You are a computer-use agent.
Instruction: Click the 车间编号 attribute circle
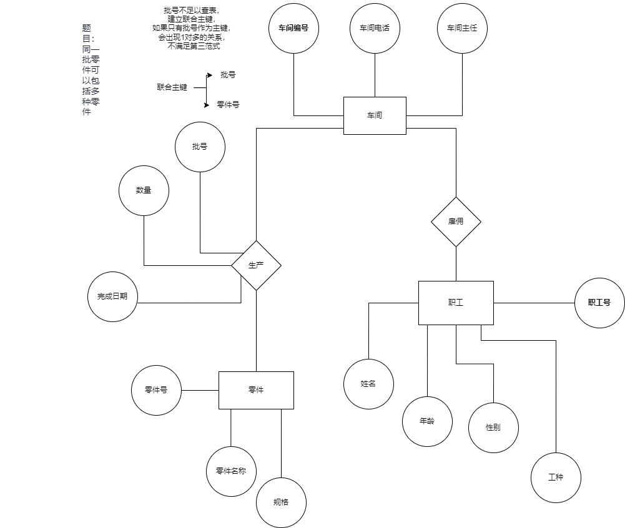pos(293,28)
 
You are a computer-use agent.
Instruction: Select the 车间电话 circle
pos(375,28)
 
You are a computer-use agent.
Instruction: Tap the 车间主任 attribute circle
pos(462,28)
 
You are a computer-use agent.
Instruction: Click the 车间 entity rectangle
pos(375,115)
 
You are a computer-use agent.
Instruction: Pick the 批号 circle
pos(200,147)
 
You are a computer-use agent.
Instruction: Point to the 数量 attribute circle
pos(144,190)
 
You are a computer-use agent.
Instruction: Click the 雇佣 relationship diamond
pos(456,222)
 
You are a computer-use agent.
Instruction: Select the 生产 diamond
pos(256,265)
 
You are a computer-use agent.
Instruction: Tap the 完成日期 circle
pos(112,296)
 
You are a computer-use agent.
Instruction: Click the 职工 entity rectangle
pos(456,303)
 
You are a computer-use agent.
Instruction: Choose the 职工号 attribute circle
pos(599,303)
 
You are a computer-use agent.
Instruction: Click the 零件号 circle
pos(156,390)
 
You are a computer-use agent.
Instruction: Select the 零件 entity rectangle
pos(256,390)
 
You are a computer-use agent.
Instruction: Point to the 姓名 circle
pos(368,384)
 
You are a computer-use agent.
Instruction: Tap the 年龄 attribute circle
pos(427,421)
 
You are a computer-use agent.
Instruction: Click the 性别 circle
pos(493,428)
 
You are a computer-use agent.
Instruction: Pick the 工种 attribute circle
pos(556,477)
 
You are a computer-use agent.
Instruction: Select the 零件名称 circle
pos(231,471)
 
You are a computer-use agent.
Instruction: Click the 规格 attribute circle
pos(281,502)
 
